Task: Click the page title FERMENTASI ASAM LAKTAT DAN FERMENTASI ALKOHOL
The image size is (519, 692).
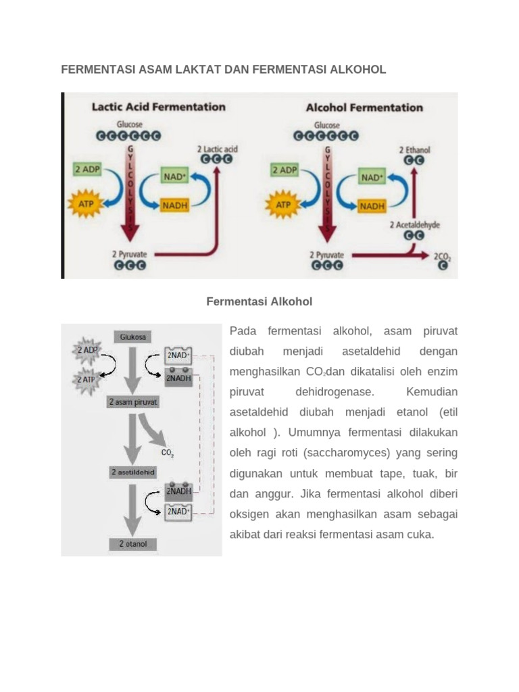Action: coord(224,70)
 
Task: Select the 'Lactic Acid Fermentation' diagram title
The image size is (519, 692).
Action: coord(158,107)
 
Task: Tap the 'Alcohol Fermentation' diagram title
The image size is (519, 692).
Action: coord(364,107)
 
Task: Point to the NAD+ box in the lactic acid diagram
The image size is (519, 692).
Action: coord(175,177)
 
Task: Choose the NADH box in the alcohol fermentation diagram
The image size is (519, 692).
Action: coord(372,206)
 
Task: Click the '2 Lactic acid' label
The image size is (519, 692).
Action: coord(217,149)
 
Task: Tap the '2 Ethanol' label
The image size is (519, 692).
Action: coord(414,149)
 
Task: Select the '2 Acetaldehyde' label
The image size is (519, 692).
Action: coord(414,224)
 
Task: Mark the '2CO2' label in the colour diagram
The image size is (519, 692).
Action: coord(442,257)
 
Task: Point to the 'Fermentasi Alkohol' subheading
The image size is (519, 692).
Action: coord(259,301)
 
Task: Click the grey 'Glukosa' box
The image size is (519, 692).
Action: coord(133,337)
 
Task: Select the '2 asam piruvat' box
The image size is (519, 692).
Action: coord(133,402)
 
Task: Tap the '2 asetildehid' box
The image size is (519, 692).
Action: coord(133,472)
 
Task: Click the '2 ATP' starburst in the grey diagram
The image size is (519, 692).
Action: coord(87,380)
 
